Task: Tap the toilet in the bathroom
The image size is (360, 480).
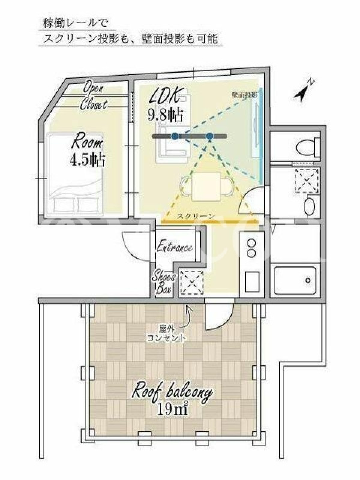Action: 308,146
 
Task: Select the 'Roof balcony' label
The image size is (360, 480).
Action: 172,392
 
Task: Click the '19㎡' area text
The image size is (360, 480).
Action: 172,409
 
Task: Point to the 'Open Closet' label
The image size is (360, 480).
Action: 94,96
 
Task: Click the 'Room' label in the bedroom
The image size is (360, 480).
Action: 87,143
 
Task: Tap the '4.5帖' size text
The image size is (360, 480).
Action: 88,160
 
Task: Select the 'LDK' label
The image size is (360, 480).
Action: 166,96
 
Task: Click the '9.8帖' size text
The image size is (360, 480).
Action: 166,115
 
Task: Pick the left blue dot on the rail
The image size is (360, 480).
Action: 175,136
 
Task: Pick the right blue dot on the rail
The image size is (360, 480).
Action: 209,136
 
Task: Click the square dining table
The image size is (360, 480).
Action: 206,187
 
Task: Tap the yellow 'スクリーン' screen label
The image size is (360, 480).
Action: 196,216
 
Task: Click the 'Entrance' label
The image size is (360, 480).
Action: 175,247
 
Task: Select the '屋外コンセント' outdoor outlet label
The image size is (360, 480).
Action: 167,334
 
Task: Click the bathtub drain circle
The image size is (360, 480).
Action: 308,280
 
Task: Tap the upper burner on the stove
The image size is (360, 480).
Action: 251,243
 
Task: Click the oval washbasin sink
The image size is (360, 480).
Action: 310,206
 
